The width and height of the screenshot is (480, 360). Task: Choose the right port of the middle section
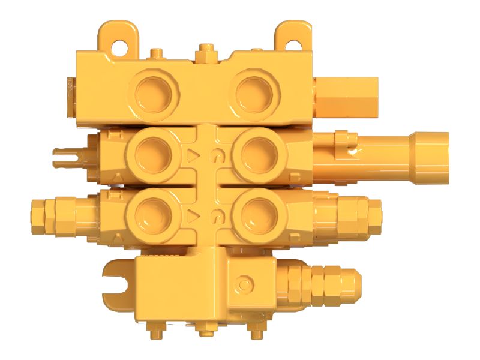click(257, 153)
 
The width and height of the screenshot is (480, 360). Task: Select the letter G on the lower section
click(215, 215)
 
